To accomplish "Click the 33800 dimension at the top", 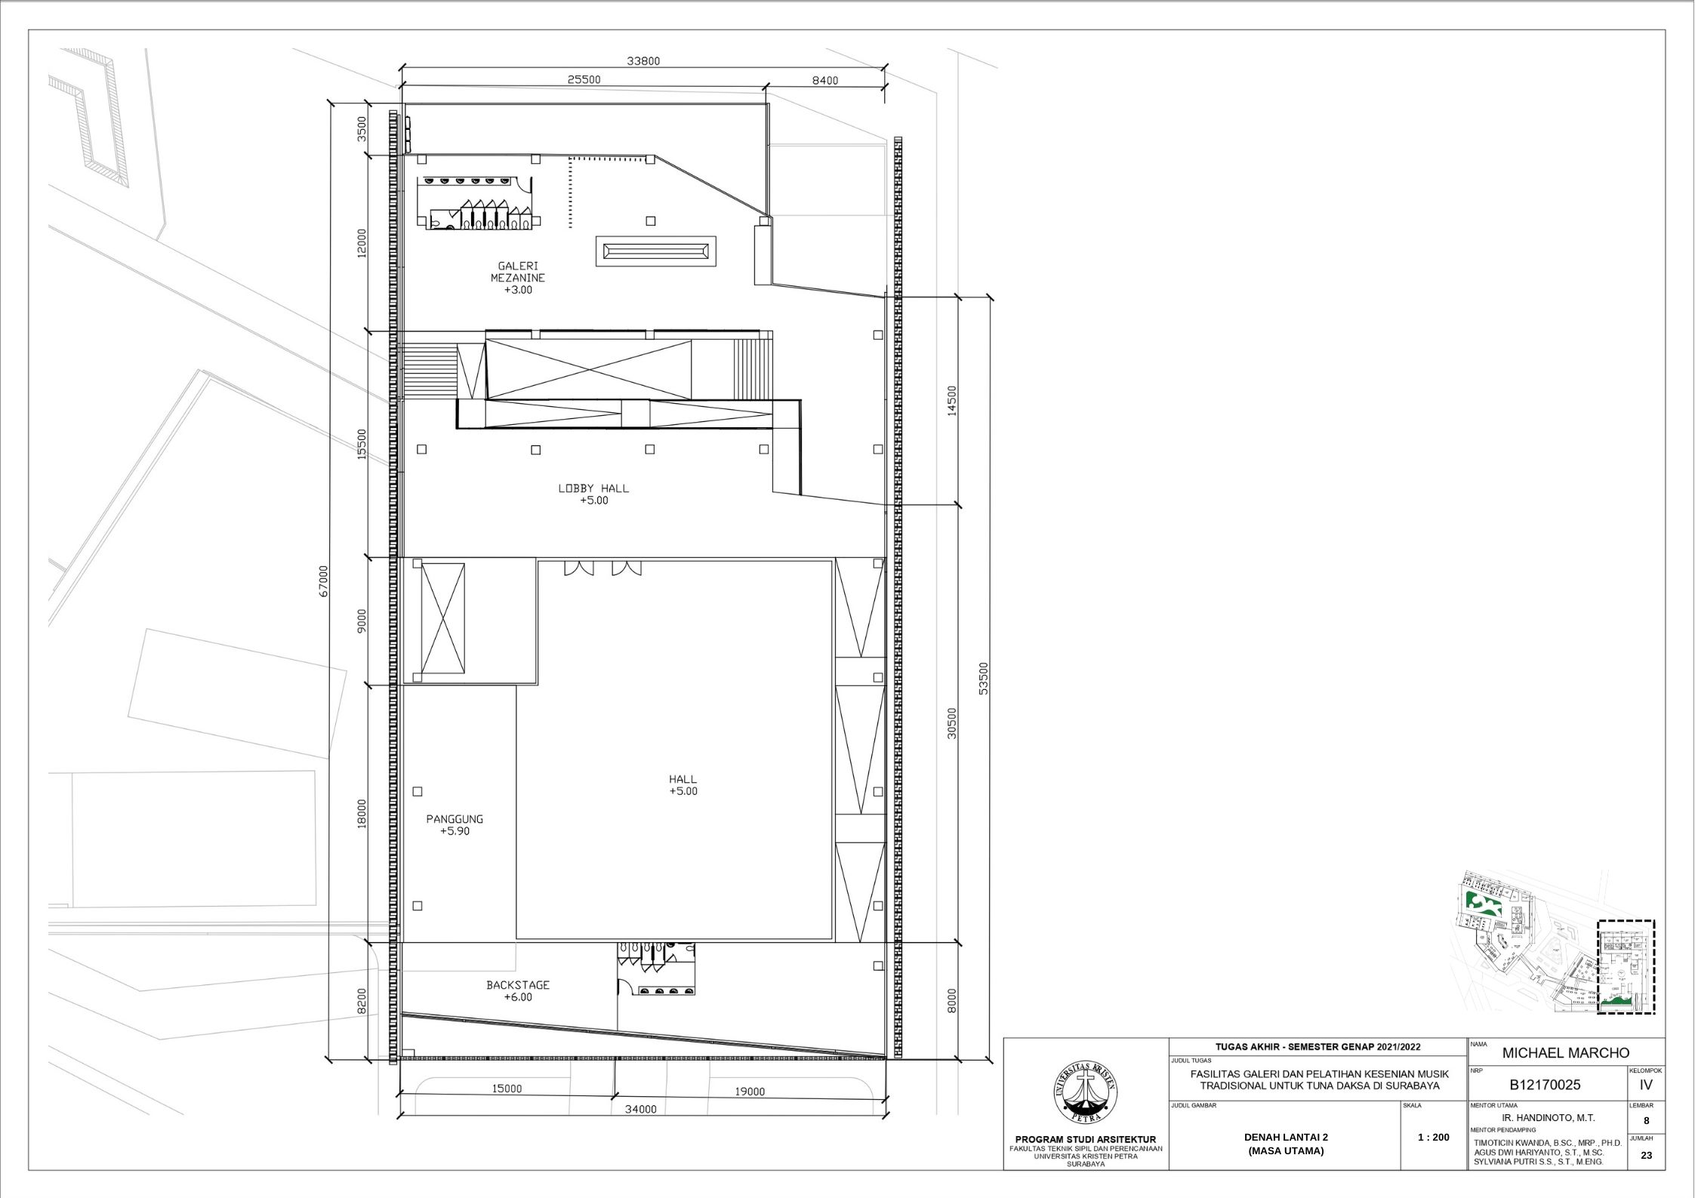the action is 643,61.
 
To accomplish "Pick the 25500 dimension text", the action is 584,80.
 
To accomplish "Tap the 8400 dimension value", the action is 824,81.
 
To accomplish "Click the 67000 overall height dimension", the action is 324,581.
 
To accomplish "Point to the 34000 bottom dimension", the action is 640,1110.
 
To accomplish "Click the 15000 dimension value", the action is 506,1089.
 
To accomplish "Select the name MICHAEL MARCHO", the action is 1566,1053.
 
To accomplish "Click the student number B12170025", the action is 1545,1085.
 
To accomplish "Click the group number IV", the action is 1647,1085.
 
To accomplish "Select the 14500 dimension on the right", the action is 951,400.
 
